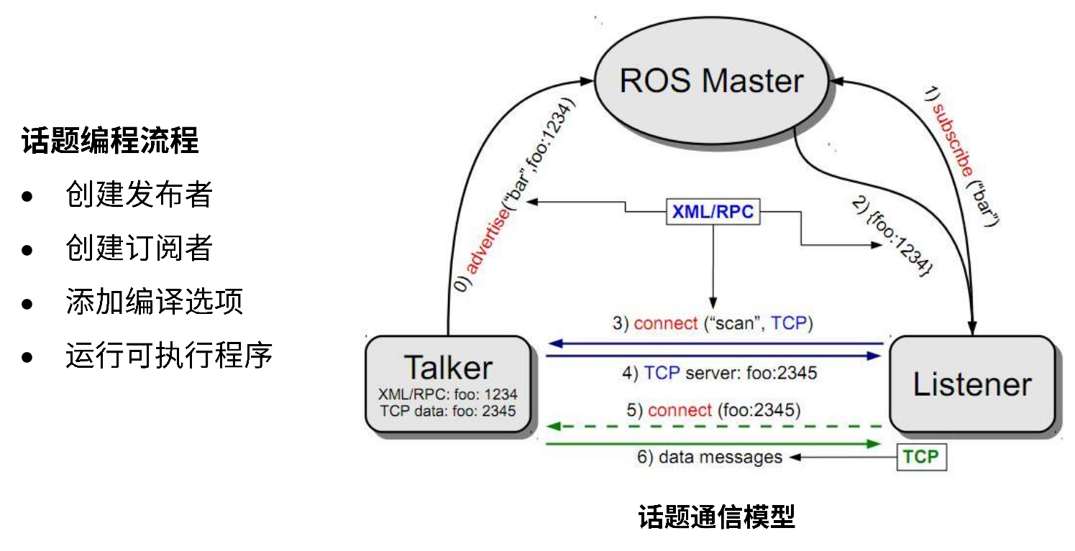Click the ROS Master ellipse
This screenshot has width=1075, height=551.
click(710, 80)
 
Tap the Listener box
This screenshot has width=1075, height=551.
click(971, 384)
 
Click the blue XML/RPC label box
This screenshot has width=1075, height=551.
click(713, 211)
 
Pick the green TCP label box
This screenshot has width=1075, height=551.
click(921, 457)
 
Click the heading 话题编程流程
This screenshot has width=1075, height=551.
click(110, 141)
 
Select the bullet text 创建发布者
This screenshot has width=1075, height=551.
click(139, 194)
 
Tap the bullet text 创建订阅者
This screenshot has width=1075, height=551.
click(139, 248)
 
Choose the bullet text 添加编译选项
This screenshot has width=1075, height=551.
click(154, 301)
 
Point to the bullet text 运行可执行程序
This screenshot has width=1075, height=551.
click(169, 355)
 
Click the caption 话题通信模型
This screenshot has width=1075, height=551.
click(716, 517)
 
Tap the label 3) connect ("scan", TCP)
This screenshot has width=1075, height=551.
click(712, 323)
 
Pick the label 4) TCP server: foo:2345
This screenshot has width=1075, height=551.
click(719, 373)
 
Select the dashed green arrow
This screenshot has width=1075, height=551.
click(714, 427)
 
